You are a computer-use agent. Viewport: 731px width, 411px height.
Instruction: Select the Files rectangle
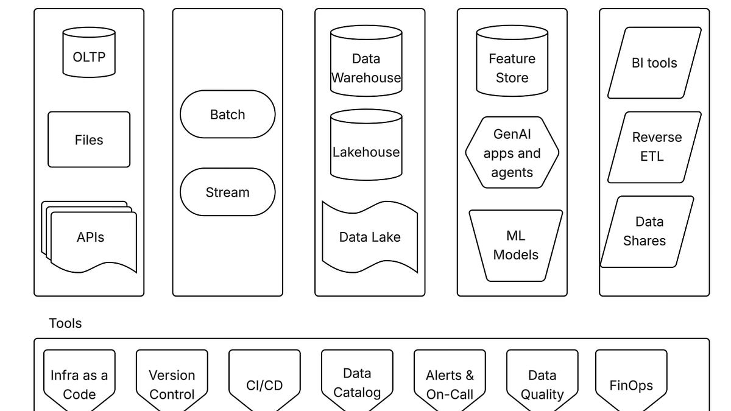[89, 139]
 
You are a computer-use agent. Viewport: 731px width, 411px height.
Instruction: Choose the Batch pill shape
[227, 114]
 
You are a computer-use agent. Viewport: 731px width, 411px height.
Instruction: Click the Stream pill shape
[227, 192]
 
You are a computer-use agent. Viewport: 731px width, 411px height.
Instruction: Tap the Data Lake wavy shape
[370, 237]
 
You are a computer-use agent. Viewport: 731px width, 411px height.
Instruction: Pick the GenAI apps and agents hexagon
[512, 152]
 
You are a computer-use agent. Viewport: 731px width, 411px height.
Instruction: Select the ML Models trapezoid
[515, 245]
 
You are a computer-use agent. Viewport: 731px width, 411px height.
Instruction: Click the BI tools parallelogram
[654, 63]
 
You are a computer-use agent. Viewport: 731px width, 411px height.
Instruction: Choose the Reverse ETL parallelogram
[654, 147]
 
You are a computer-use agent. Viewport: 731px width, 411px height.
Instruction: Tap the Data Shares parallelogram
[647, 231]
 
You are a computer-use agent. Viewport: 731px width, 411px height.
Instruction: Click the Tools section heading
[65, 323]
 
